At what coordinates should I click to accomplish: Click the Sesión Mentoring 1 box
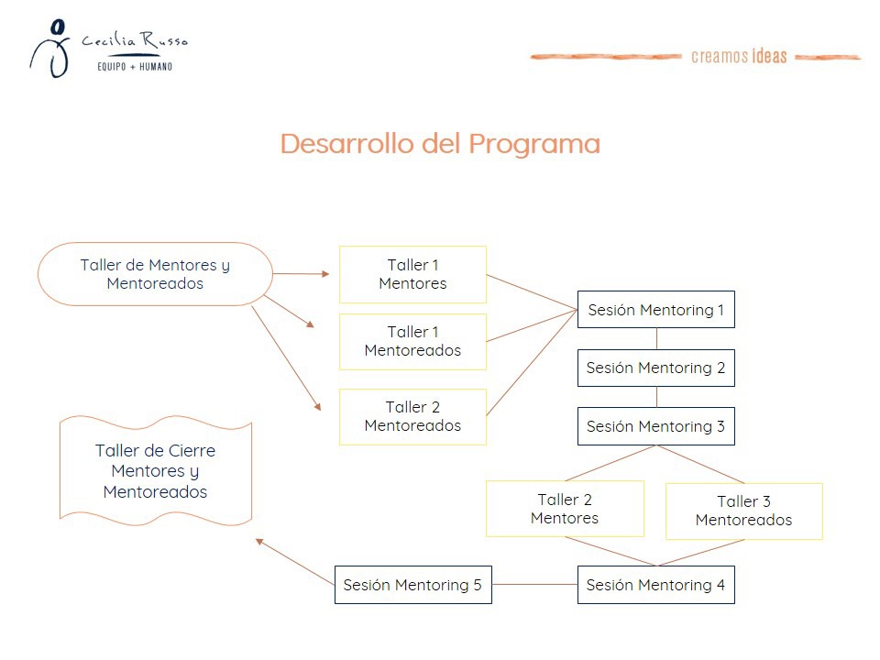[655, 310]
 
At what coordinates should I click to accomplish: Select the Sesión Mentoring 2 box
[655, 368]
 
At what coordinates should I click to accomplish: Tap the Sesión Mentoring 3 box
[655, 426]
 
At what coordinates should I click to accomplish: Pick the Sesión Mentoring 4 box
[655, 585]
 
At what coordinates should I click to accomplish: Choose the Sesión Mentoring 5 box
[412, 585]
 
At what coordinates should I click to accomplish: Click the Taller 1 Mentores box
[412, 274]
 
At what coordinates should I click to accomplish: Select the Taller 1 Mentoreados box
[412, 341]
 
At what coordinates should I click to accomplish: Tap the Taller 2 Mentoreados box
[412, 416]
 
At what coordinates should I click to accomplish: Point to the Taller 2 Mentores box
[565, 509]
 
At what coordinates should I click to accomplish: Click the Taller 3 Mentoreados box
[743, 511]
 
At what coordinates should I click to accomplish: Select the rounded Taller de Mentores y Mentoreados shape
[155, 274]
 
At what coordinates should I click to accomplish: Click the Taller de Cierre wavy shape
[155, 471]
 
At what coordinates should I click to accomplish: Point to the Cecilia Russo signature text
[134, 40]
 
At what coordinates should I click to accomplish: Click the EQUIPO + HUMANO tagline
[135, 67]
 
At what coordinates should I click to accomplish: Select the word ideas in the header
[769, 56]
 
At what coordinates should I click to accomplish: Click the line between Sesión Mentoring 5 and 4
[534, 585]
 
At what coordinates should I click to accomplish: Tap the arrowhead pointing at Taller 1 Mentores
[325, 273]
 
